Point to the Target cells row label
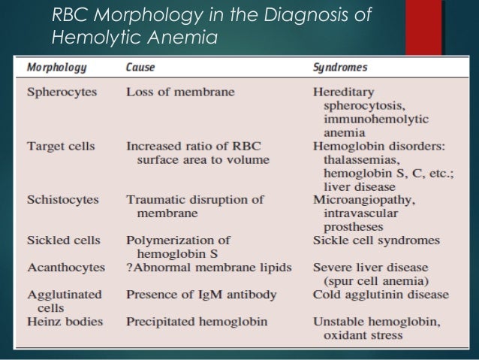61,146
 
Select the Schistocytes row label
61,200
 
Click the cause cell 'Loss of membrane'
180,92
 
